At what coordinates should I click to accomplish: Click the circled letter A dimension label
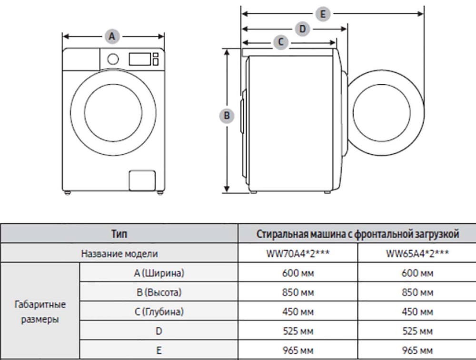112,36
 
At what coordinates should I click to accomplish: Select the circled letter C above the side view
281,42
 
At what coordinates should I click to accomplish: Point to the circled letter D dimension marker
302,29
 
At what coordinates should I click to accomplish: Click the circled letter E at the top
323,14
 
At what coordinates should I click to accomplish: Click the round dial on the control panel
113,59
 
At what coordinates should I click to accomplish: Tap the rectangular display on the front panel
139,59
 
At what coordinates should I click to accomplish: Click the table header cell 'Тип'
119,234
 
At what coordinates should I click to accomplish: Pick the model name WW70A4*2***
297,253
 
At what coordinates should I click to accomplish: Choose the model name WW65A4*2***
417,253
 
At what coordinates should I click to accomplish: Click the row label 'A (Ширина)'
159,273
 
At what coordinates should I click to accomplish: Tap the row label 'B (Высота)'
159,292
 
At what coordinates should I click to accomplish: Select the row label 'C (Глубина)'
159,311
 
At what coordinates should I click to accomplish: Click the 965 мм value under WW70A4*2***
297,350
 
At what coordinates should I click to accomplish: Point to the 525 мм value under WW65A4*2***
417,330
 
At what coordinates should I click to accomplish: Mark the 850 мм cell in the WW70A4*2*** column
297,292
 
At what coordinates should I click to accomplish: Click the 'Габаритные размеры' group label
40,311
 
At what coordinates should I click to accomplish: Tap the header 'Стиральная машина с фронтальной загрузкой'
357,234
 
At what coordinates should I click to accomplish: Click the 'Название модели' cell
119,253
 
